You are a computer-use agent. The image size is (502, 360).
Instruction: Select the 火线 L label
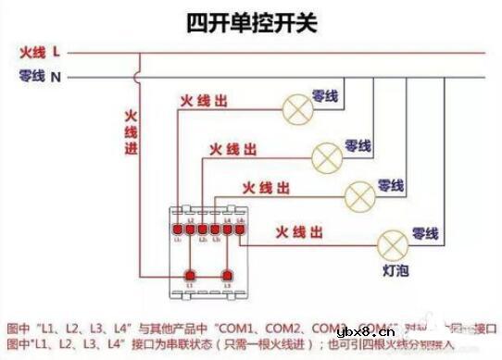pos(40,51)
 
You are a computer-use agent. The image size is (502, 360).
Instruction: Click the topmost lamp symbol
pos(298,108)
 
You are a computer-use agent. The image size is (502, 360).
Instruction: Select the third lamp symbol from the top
pos(358,195)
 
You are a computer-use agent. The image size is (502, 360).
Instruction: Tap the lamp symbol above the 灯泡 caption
pos(391,243)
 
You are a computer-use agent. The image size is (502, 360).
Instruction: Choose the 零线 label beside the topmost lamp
pos(327,94)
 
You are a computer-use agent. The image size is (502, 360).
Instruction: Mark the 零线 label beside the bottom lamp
pos(425,231)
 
